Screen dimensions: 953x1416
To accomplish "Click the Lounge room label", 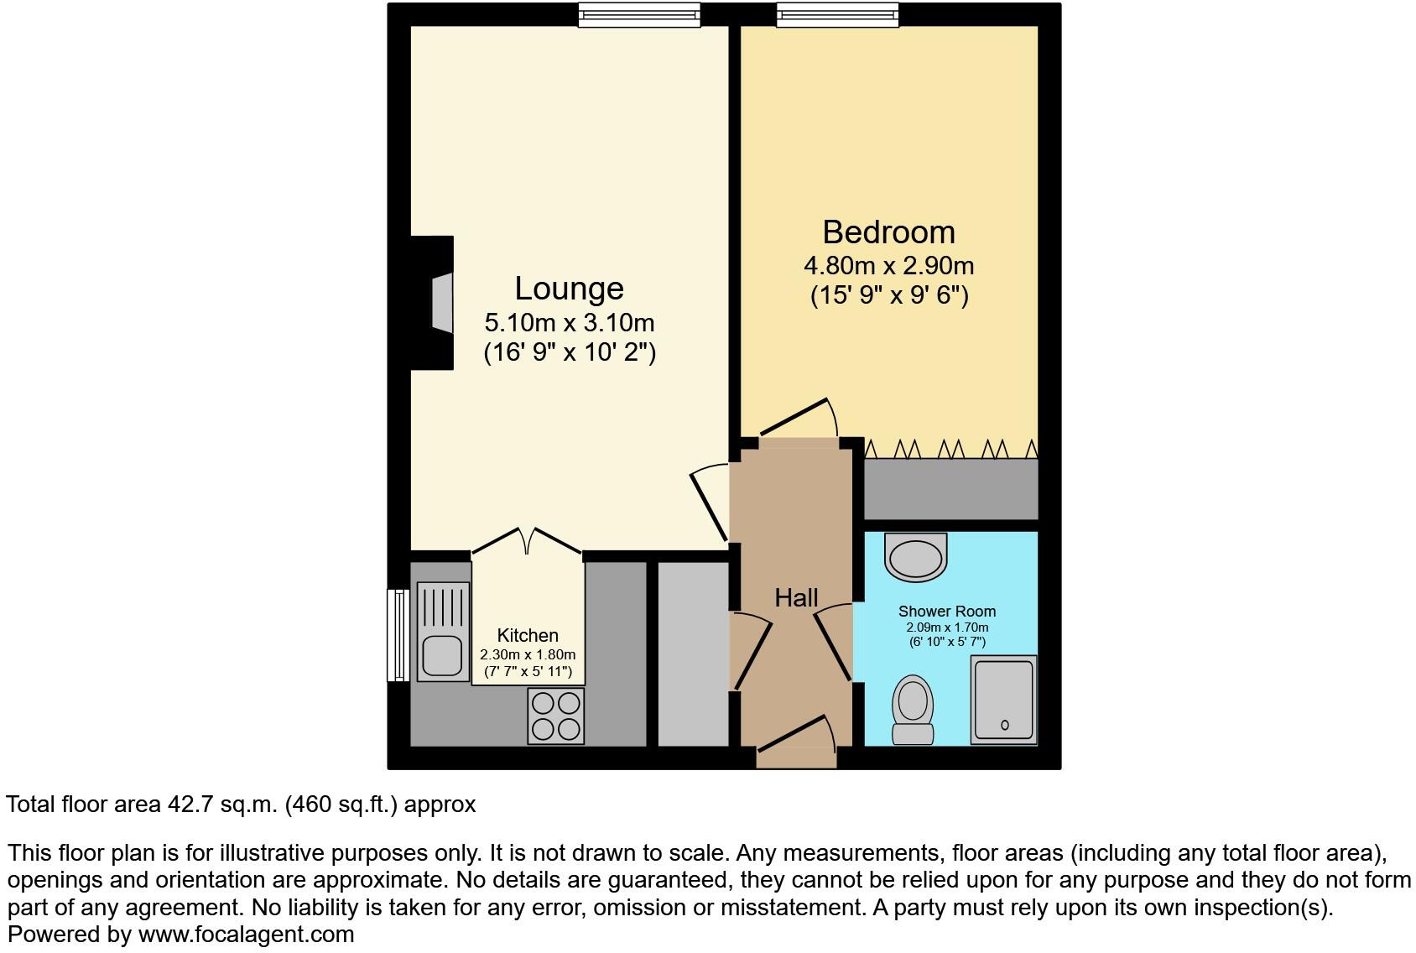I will (x=569, y=289).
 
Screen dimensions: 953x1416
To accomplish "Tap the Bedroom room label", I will (x=888, y=232).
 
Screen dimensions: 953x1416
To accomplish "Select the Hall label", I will (x=795, y=598).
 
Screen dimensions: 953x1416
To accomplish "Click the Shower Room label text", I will (x=946, y=612).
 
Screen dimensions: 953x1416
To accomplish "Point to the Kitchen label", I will (x=527, y=636).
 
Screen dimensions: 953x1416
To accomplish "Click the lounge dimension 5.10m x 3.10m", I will (x=569, y=322).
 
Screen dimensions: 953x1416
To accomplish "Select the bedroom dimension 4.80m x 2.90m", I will (x=888, y=266).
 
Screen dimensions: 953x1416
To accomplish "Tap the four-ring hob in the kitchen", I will (x=555, y=716).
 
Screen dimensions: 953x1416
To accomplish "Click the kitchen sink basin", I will (x=442, y=655).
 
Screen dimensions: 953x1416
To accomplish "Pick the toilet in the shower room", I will (x=913, y=710).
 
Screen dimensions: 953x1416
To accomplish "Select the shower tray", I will (x=1003, y=700).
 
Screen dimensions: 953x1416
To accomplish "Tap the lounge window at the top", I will (x=639, y=14).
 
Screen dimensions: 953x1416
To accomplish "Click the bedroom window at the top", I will (x=837, y=14).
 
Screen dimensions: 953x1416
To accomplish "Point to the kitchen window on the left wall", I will (x=398, y=635).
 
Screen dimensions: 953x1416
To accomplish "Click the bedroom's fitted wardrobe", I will (x=950, y=489).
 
